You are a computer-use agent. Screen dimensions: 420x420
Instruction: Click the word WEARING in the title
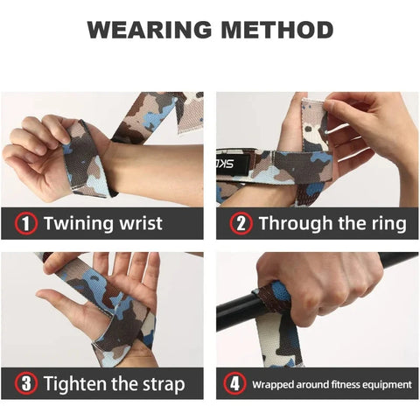click(144, 30)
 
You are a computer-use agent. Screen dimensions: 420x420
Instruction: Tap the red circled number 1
click(26, 224)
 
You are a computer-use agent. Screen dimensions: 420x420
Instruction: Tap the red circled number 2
click(241, 224)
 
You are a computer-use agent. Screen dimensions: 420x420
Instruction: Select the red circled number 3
click(26, 384)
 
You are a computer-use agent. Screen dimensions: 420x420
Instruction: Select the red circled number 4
click(234, 384)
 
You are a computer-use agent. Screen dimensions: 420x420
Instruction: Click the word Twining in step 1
click(76, 224)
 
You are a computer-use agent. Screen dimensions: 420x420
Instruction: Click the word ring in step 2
click(386, 224)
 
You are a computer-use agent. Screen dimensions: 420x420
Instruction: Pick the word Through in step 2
click(295, 224)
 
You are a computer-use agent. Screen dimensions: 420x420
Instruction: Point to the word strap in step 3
click(161, 384)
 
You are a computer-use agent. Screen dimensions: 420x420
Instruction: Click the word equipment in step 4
click(382, 384)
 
